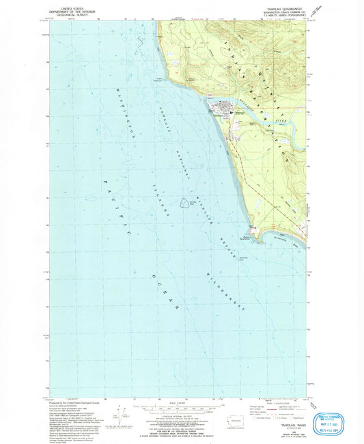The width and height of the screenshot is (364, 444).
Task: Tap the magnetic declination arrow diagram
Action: pos(125,413)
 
